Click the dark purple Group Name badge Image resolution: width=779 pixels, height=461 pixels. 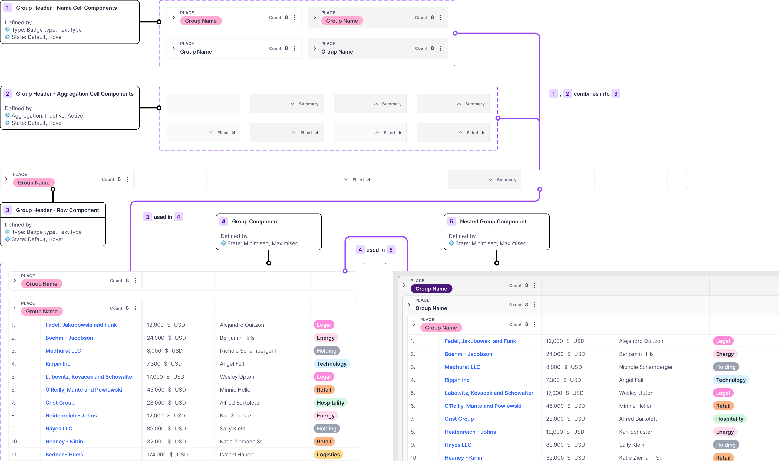point(431,289)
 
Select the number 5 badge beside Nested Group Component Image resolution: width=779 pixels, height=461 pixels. point(451,222)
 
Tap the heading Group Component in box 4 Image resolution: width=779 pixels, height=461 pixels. point(255,222)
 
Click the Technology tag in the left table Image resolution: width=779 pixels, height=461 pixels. point(331,364)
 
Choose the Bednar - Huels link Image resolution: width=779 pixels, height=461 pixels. point(64,455)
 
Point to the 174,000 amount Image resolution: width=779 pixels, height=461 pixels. point(156,455)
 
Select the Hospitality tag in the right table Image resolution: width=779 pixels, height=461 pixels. point(729,419)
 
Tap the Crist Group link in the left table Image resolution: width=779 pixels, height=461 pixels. point(60,403)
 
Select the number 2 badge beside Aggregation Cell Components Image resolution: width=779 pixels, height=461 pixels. point(8,94)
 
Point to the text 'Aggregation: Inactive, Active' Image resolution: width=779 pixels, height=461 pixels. point(47,116)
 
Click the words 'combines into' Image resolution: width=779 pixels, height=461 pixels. point(591,94)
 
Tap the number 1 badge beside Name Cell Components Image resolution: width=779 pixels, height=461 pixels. point(8,8)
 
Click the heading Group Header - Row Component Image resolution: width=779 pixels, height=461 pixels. point(58,210)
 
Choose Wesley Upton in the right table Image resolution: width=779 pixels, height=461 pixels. point(636,393)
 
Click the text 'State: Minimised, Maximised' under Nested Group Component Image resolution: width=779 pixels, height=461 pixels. point(491,243)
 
